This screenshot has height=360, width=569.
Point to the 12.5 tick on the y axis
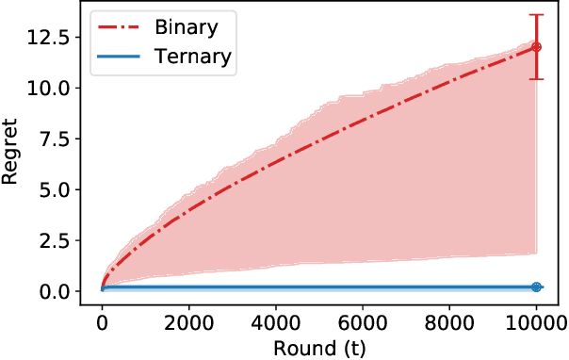pos(47,37)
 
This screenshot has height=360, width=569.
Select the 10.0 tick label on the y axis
pos(47,88)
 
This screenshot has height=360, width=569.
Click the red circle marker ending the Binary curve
pos(536,47)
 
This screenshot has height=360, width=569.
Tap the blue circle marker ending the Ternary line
pos(536,286)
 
